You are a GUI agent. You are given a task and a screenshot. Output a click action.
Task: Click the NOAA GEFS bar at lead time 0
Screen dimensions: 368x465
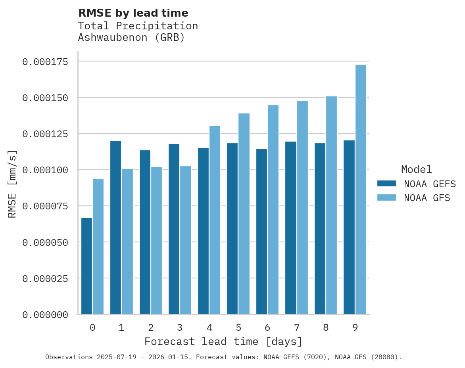pos(86,266)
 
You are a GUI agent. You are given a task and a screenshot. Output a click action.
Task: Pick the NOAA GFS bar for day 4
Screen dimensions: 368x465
pos(215,220)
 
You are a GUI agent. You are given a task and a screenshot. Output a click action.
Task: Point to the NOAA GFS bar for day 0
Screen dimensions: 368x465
pos(98,246)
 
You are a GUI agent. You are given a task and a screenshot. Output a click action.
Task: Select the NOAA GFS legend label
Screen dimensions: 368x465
pos(427,198)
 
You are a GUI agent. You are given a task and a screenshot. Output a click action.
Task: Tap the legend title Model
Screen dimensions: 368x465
pos(416,169)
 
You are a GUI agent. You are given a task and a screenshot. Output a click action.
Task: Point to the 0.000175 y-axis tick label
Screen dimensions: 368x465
pos(45,61)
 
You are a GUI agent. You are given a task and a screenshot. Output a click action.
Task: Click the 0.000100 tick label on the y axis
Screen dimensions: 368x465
pos(45,170)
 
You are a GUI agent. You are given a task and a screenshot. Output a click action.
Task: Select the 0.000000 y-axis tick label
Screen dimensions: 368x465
pos(45,314)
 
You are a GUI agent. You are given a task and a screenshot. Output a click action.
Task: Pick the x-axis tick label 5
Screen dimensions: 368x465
pos(238,328)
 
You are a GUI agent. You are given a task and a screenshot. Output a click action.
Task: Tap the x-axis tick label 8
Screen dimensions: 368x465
pos(326,328)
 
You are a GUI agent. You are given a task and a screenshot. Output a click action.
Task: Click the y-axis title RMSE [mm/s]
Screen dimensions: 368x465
pos(12,184)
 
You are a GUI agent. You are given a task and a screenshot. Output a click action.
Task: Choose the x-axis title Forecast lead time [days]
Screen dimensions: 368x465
pos(223,341)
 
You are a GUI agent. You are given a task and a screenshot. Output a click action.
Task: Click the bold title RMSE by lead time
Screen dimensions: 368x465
pos(133,13)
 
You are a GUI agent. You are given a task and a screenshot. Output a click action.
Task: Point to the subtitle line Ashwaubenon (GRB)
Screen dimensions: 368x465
pos(131,38)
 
